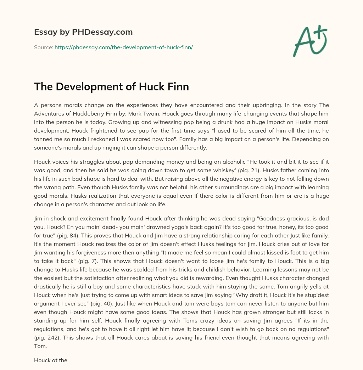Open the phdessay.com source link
click(123, 47)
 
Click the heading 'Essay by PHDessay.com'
click(83, 32)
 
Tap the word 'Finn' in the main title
click(176, 87)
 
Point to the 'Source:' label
click(43, 47)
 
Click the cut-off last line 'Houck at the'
click(51, 360)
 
